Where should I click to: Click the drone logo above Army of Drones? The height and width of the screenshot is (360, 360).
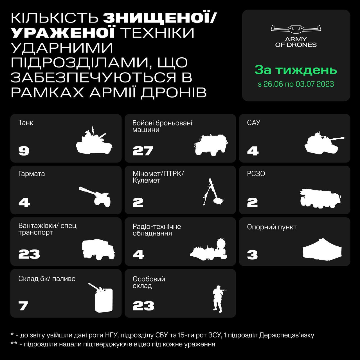coord(296,29)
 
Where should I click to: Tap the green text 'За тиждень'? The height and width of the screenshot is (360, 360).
coord(296,70)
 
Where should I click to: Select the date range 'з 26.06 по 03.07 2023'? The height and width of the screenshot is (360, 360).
coord(296,84)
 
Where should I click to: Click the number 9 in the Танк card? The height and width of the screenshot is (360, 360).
coord(24,151)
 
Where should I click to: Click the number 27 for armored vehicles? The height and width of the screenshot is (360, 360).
coord(143,151)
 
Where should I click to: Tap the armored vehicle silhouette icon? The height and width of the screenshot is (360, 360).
coord(211,145)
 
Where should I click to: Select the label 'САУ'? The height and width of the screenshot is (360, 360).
coord(253,123)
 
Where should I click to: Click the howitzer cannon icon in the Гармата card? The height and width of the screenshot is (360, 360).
coord(95,197)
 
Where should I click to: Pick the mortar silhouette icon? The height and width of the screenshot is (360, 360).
coord(213,192)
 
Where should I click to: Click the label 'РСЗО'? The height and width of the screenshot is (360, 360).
coord(256,174)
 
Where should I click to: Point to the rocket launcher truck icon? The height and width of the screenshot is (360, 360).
coord(320,199)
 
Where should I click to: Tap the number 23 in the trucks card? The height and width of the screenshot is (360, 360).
coord(29,254)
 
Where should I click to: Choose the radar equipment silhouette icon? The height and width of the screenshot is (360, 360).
coord(209,249)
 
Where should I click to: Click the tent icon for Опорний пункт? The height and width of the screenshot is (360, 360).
coord(322,250)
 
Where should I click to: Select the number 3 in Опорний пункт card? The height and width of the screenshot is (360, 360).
coord(252,255)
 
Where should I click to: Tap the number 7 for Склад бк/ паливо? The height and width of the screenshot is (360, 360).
coord(23,306)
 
